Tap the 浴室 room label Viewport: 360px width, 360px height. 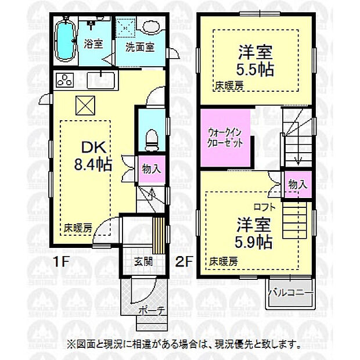pos(93,44)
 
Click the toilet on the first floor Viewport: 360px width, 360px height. pos(152,137)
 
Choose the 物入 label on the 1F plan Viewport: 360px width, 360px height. pos(152,169)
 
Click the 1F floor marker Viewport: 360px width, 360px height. pos(64,261)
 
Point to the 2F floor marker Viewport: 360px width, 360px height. pos(185,261)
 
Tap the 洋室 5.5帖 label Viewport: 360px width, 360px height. pos(255,60)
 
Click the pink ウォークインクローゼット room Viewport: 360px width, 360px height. pos(225,137)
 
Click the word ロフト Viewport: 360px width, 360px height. pos(262,206)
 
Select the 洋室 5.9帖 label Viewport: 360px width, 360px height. pos(254,233)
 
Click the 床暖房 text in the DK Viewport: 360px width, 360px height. pos(78,228)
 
